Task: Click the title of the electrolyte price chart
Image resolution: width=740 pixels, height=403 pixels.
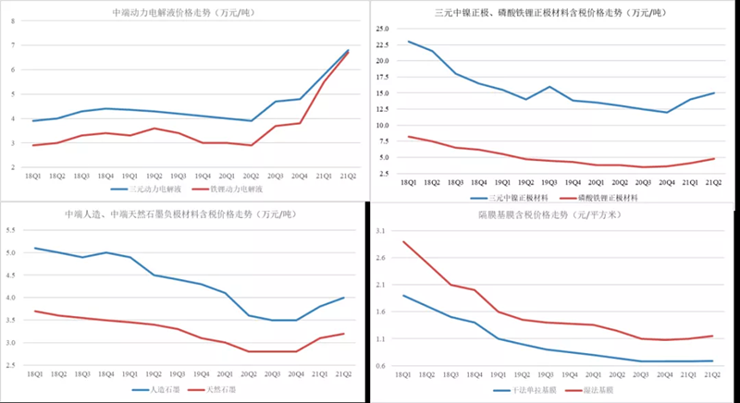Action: point(184,14)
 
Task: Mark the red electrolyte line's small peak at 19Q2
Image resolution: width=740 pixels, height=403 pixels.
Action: point(154,128)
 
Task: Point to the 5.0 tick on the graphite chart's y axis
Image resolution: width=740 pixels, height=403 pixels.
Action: point(20,252)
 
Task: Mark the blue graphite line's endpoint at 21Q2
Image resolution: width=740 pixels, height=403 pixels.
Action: point(344,298)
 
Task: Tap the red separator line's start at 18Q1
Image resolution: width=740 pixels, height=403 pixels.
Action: point(403,242)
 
